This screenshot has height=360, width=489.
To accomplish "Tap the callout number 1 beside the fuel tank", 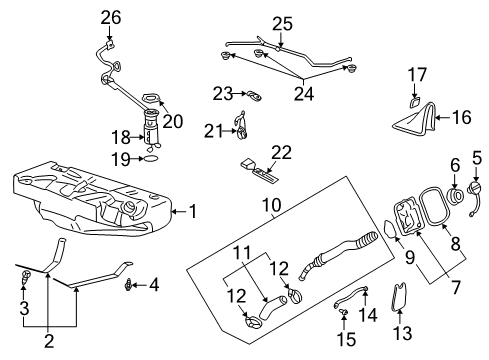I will [194, 211].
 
